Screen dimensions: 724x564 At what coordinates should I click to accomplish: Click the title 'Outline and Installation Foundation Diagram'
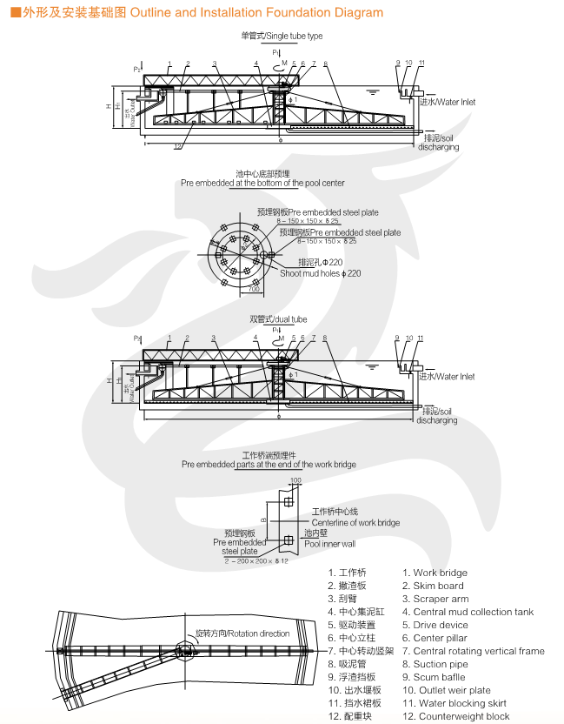[x=256, y=13]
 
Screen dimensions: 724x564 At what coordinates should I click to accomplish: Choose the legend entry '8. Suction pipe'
[x=435, y=664]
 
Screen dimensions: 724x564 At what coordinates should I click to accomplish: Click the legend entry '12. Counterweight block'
[x=455, y=716]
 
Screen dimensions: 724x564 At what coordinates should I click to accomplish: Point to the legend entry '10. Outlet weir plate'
[x=446, y=690]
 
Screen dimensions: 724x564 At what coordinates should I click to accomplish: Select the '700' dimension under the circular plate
[x=241, y=289]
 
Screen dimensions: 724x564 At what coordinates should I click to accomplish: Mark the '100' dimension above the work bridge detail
[x=295, y=480]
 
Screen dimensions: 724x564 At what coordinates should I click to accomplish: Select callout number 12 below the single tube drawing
[x=177, y=146]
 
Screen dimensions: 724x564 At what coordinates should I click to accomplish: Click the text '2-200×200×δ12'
[x=256, y=560]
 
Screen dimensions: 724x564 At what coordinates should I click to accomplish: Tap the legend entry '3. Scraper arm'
[x=435, y=599]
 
